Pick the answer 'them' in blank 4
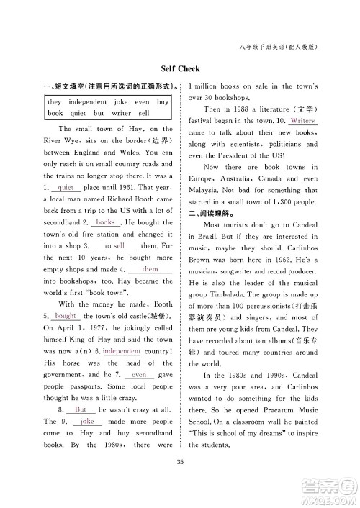tap(150, 269)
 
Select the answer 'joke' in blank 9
tap(87, 422)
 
